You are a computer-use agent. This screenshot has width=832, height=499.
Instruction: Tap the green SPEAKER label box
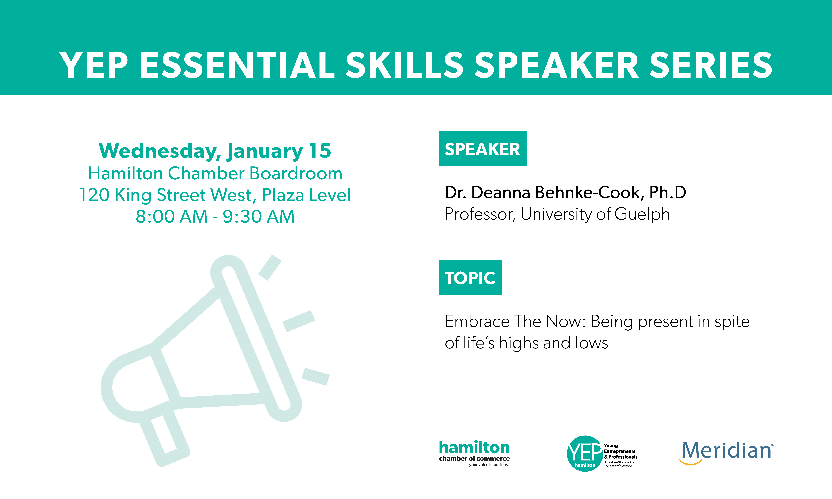pyautogui.click(x=483, y=149)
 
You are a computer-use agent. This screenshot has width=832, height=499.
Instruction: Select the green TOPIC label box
pyautogui.click(x=470, y=277)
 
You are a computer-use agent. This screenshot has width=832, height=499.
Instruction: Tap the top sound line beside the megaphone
pyautogui.click(x=270, y=267)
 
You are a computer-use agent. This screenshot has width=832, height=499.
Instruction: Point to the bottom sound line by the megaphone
pyautogui.click(x=315, y=377)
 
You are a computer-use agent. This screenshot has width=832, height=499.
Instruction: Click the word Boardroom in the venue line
pyautogui.click(x=296, y=174)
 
